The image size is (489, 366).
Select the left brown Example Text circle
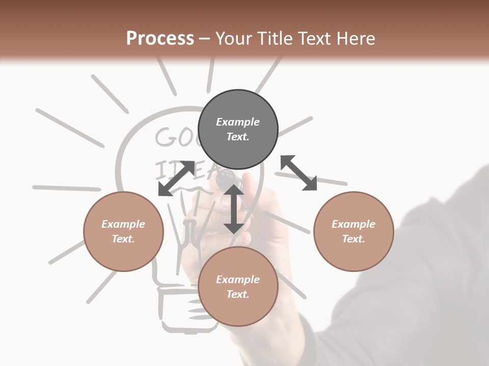(123, 231)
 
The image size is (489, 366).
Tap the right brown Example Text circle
(354, 231)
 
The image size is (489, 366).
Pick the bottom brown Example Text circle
(238, 286)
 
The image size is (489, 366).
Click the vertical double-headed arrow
(234, 209)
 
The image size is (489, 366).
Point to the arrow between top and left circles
(176, 178)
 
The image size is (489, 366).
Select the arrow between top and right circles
(298, 173)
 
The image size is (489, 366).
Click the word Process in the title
(160, 39)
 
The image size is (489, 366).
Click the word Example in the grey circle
(238, 122)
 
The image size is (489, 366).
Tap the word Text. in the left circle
(123, 239)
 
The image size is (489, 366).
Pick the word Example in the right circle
(354, 224)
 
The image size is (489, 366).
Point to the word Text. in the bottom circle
(238, 294)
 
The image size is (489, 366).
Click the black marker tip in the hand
(224, 178)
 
